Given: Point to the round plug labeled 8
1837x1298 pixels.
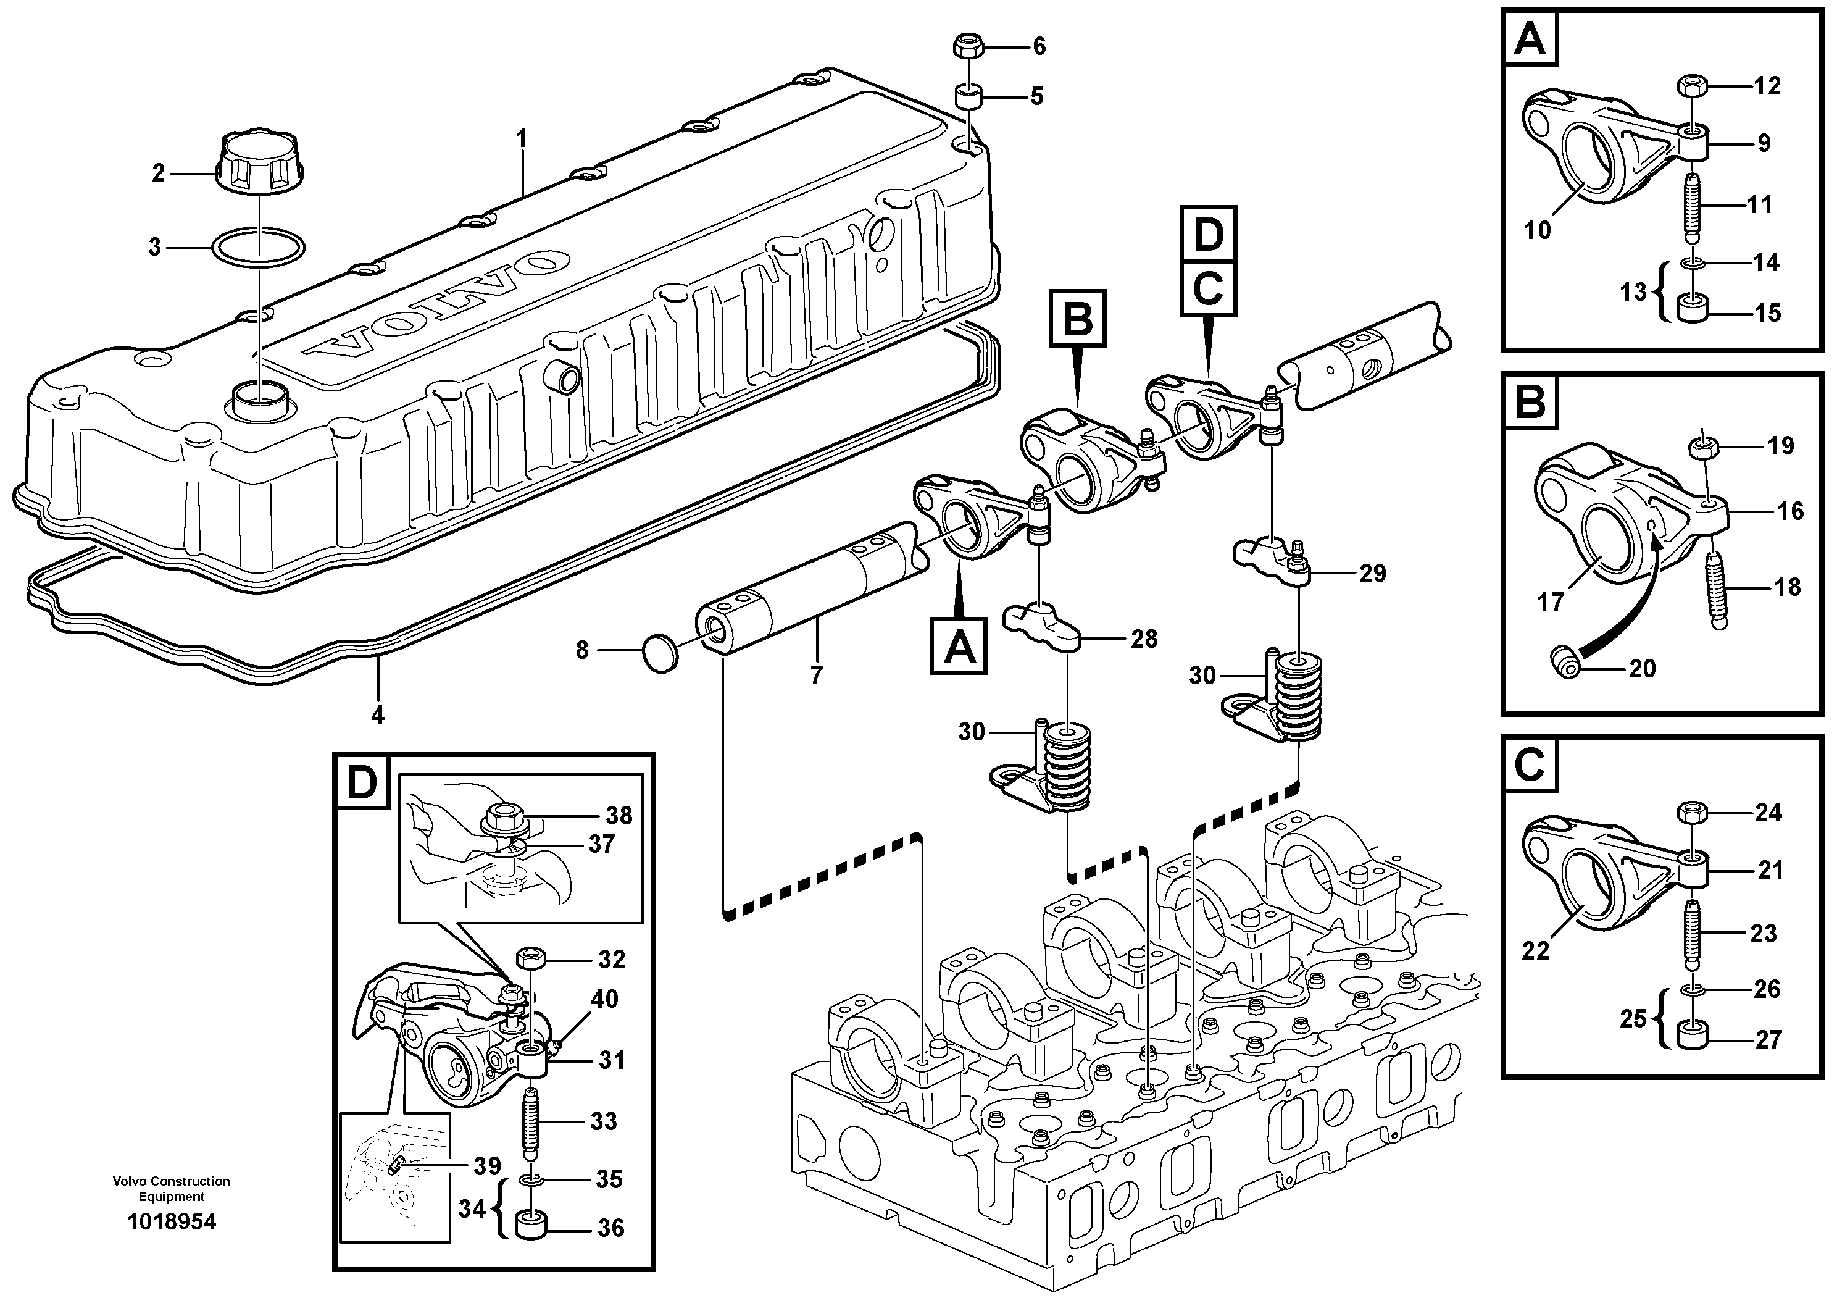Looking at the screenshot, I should pos(660,653).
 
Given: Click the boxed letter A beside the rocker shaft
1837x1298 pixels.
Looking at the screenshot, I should pos(959,646).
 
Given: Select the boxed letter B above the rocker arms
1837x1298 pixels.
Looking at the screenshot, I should pos(1078,319).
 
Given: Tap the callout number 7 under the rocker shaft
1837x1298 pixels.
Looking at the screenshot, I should pos(816,676).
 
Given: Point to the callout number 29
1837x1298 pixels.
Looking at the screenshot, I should pos(1372,573).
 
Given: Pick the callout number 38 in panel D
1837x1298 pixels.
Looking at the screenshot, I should pos(619,816).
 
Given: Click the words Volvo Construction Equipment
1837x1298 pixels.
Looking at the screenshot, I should pos(171,1188).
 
